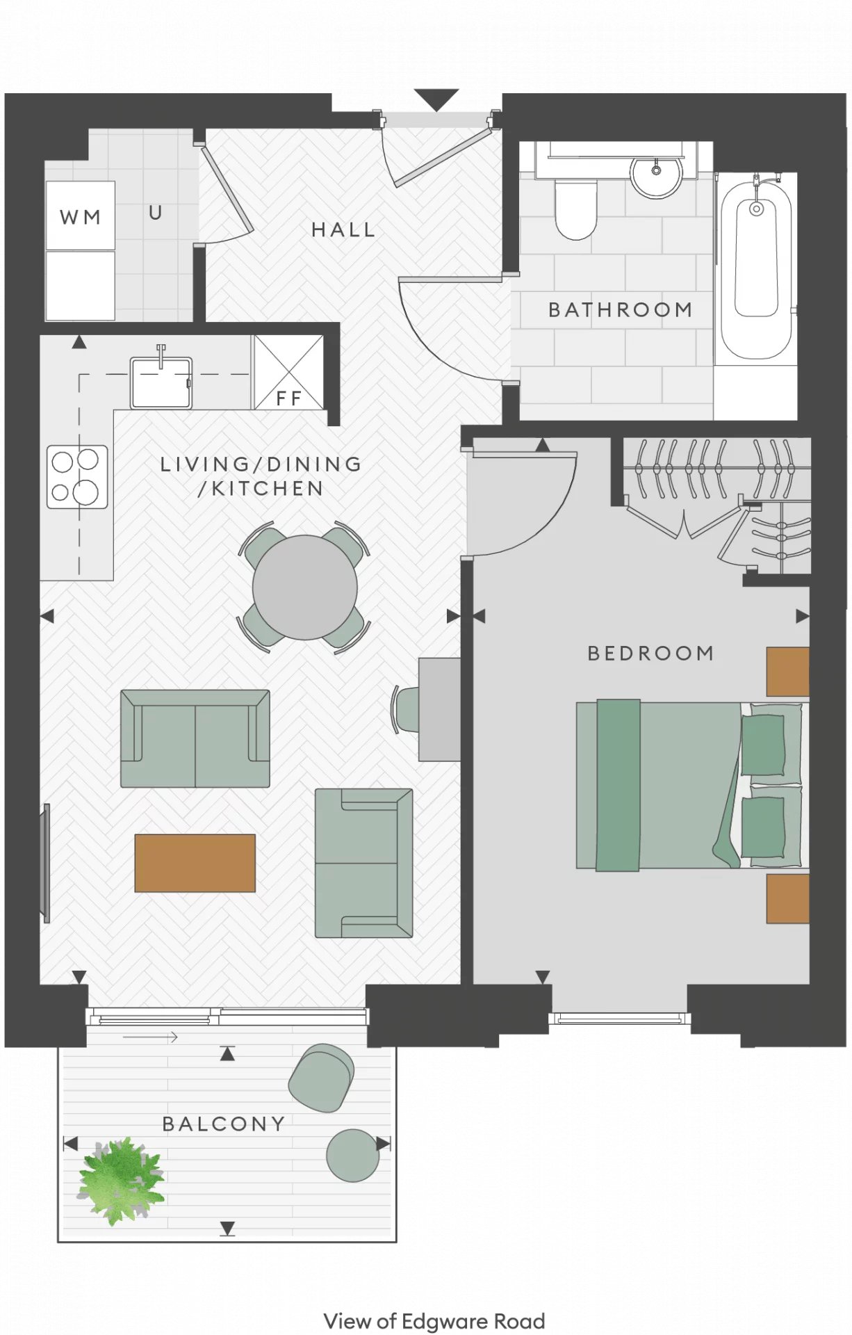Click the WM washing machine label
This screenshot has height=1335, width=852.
80,218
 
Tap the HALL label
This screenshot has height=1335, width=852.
343,229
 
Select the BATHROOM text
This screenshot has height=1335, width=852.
620,309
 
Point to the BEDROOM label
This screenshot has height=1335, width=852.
650,653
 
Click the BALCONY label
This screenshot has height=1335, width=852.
224,1124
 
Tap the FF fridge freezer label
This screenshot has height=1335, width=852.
288,398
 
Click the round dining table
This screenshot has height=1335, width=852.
304,588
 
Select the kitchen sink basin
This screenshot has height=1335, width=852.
161,382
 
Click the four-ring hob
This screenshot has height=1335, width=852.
77,477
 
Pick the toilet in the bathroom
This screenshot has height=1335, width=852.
575,209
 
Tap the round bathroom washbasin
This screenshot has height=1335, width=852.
657,177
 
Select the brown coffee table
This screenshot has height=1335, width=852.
195,863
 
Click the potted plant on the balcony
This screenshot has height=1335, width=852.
121,1181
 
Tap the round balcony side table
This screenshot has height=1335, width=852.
352,1156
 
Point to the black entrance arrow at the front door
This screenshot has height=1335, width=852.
436,99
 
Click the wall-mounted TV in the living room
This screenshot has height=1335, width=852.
47,864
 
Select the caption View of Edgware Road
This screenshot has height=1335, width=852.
434,1320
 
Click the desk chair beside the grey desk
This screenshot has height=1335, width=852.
406,709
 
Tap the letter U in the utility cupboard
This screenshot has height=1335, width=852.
156,213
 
